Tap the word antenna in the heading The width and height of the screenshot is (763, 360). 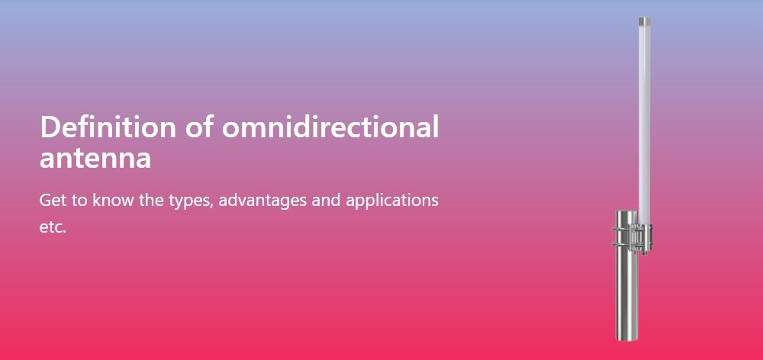click(95, 159)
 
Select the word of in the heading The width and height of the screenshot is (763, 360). click(199, 127)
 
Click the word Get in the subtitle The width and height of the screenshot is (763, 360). click(52, 201)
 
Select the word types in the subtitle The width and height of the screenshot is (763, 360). click(190, 202)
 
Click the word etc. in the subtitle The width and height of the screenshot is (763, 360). click(53, 227)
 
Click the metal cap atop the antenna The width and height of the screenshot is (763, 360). click(645, 22)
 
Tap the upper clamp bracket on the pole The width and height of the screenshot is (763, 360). click(632, 227)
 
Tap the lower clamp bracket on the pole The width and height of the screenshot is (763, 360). click(632, 244)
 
